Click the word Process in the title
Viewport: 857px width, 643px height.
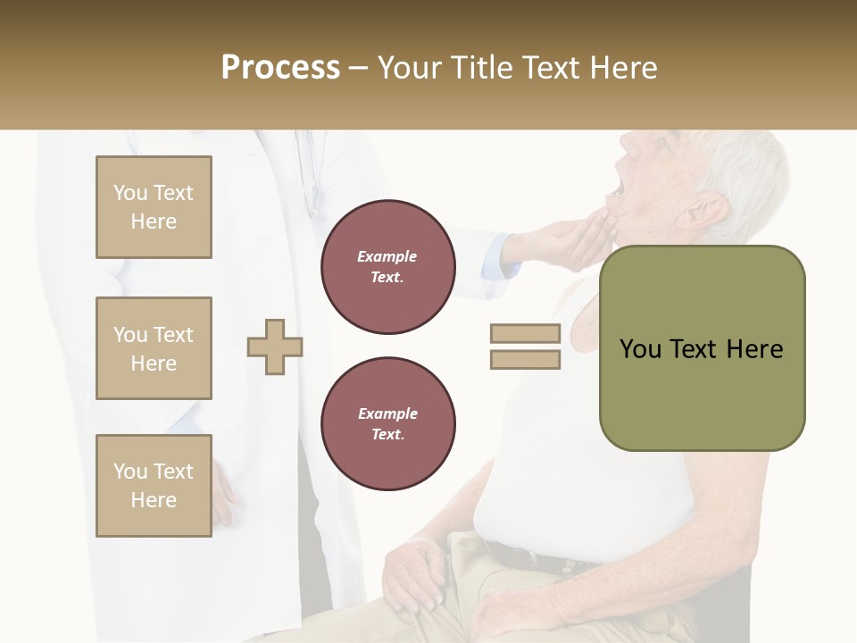point(280,68)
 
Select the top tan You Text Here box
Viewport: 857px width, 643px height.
point(154,207)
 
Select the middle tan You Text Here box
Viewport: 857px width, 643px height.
point(154,348)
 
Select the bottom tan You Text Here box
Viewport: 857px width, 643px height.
point(154,486)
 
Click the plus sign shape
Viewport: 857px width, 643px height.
point(275,347)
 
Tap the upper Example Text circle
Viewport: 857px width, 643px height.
point(387,267)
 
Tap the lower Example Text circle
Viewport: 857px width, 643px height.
point(387,424)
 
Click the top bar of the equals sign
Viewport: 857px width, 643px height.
point(525,334)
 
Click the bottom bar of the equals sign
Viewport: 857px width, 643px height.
point(525,360)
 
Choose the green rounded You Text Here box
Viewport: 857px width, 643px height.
point(702,348)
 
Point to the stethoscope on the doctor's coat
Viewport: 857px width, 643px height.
point(310,179)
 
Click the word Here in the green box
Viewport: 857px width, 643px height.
point(755,349)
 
